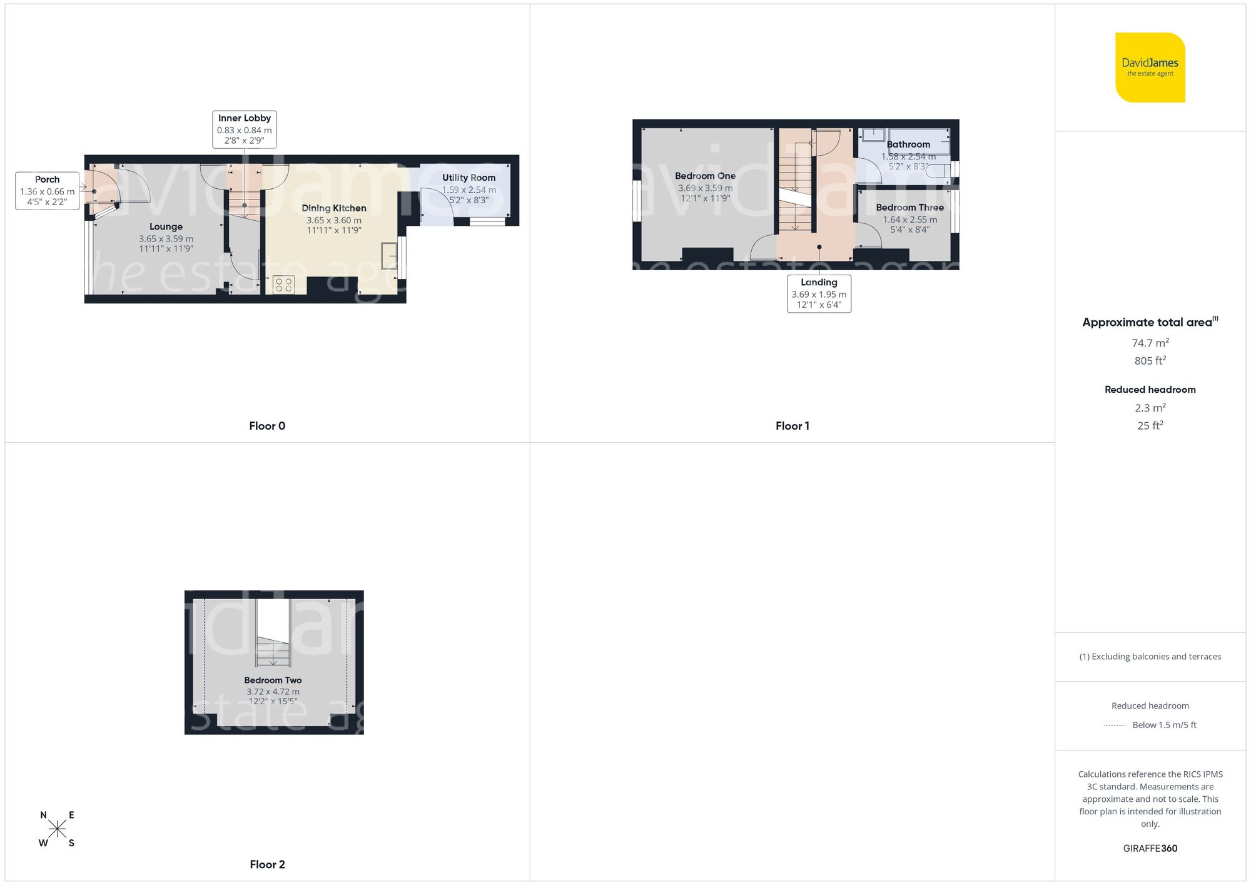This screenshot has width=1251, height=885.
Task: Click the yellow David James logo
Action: coord(1150,68)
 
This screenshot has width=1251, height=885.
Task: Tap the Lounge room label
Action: coord(166,227)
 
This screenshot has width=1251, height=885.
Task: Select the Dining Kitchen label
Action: coord(333,208)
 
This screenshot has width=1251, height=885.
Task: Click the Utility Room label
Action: coord(468,178)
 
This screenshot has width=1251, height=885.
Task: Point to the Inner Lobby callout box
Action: coord(244,129)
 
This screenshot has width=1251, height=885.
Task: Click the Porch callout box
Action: coord(47,190)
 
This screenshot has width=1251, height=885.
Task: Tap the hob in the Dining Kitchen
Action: coord(283,285)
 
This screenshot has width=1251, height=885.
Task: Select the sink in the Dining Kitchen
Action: coord(389,256)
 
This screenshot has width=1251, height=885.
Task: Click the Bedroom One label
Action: coord(705,176)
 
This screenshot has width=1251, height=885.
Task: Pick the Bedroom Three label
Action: coord(909,208)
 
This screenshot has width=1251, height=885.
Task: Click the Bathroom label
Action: coord(908,144)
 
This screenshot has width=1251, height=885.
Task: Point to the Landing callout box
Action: coord(819,293)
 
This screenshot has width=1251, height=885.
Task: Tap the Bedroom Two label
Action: coord(273,680)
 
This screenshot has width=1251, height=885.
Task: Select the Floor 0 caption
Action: coord(267,426)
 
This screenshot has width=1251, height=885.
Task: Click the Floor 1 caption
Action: coord(792,426)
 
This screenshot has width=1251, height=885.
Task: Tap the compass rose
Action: coord(57,829)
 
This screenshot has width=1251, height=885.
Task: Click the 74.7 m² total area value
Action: coord(1150,343)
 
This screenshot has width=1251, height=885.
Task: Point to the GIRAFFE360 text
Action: coord(1150,849)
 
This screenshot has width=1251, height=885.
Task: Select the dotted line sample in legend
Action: coord(1115,726)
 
